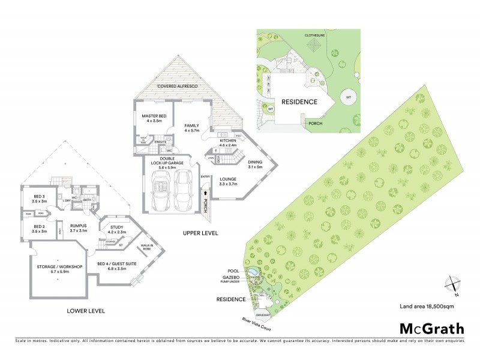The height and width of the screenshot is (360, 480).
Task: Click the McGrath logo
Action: (x=431, y=328)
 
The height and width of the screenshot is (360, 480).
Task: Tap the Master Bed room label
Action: (x=153, y=118)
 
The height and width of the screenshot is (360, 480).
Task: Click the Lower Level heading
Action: (x=87, y=311)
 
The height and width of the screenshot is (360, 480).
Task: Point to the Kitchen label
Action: (x=228, y=142)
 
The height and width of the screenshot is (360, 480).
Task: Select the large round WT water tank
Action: (x=347, y=97)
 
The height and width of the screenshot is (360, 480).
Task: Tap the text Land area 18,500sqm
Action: (x=425, y=307)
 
